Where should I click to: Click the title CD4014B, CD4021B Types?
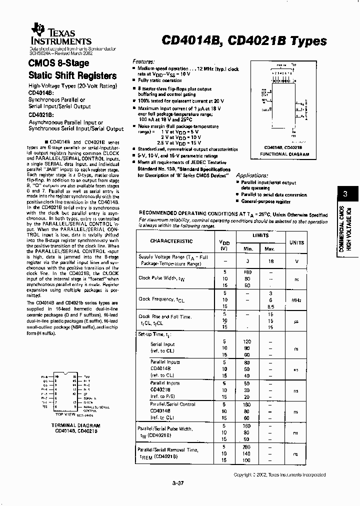coord(244,41)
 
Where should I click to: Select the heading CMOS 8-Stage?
coord(58,63)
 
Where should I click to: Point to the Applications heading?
coord(255,175)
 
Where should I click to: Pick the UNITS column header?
coord(296,242)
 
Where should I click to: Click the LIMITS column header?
coord(260,235)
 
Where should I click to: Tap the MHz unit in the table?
coord(296,299)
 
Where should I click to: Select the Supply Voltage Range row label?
coord(173,259)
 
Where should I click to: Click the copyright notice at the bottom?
coord(279,474)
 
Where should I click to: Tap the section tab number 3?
coord(344,194)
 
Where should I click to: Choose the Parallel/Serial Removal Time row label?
coord(168,453)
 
